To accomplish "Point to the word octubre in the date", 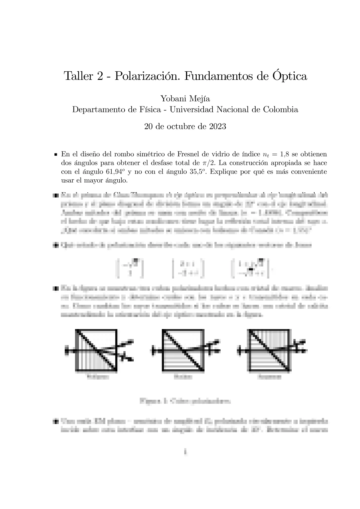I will point(178,126).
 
